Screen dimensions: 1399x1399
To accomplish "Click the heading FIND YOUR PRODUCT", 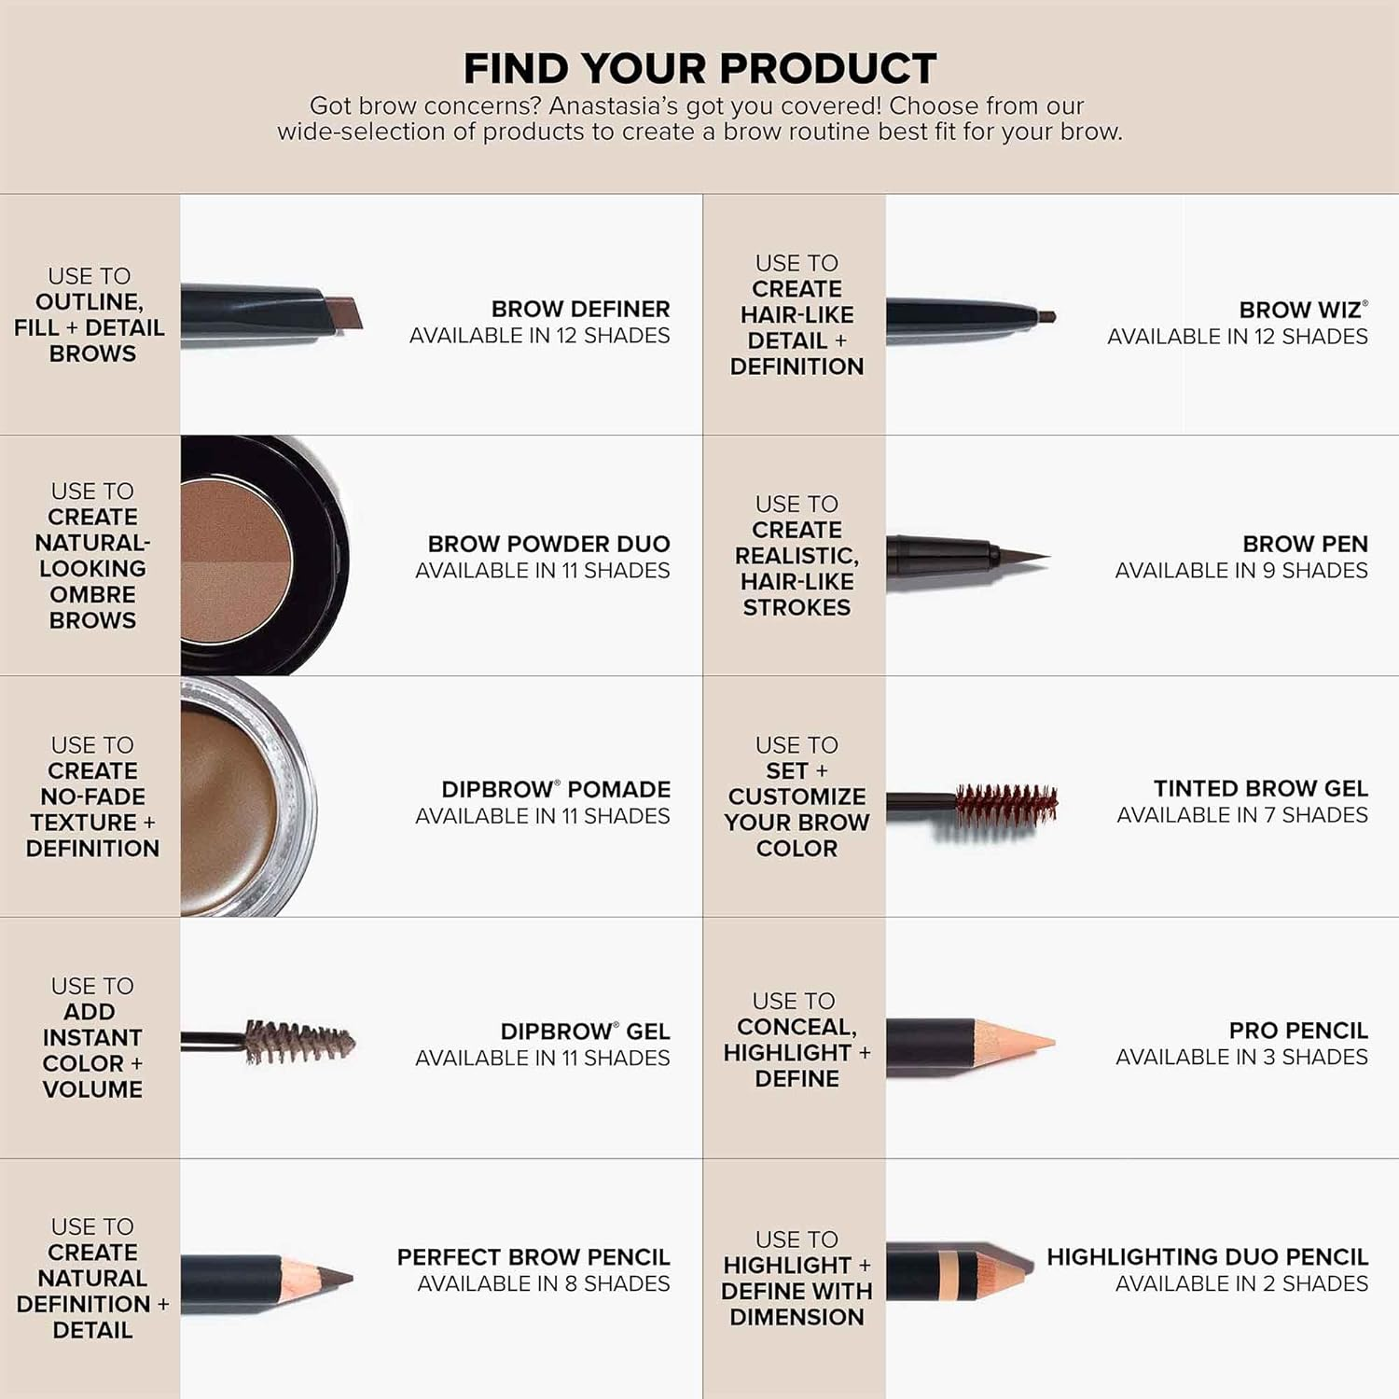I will point(699,69).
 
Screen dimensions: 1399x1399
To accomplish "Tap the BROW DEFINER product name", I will point(580,309).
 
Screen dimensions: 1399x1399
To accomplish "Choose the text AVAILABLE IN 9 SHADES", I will point(1240,571).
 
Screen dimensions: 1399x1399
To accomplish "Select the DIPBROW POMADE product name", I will point(556,789).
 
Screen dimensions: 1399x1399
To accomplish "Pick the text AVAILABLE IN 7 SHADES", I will point(1241,815).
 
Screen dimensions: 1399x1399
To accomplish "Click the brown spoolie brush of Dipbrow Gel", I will point(298,1041).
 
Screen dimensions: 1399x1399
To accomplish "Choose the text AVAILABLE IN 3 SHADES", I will point(1241,1058).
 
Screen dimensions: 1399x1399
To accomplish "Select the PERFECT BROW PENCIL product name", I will point(533,1257).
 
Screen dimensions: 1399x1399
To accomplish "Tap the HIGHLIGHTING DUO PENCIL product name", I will point(1207,1257).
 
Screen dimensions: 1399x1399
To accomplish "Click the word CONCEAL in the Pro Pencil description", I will point(795,1027).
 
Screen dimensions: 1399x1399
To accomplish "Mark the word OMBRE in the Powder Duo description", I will point(92,594).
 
